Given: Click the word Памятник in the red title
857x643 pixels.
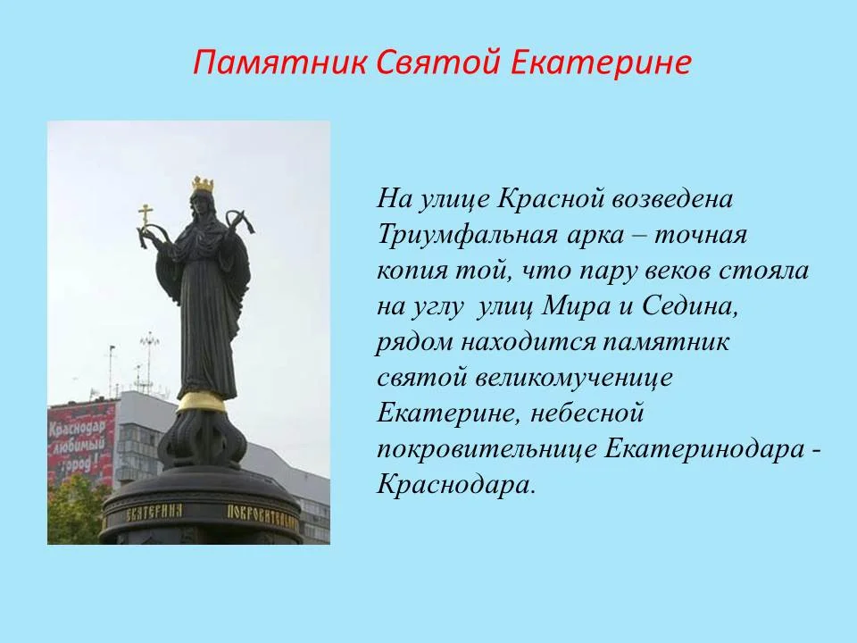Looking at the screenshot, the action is pyautogui.click(x=279, y=62).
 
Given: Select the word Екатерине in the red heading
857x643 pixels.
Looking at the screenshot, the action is pyautogui.click(x=601, y=62).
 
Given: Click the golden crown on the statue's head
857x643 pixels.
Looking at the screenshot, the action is pyautogui.click(x=203, y=184).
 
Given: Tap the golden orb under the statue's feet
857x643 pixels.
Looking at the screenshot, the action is pyautogui.click(x=201, y=402).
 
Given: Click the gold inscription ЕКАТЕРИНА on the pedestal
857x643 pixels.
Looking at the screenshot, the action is pyautogui.click(x=154, y=513).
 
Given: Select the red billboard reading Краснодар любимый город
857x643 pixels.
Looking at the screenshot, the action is pyautogui.click(x=82, y=443).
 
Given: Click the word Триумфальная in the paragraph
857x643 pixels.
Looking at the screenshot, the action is pyautogui.click(x=467, y=236).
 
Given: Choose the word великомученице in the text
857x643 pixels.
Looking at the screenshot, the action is pyautogui.click(x=573, y=379).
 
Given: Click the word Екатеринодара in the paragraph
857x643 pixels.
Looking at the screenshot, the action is pyautogui.click(x=704, y=450).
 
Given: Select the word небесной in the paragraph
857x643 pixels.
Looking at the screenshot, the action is pyautogui.click(x=587, y=413).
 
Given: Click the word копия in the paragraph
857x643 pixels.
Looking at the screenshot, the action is pyautogui.click(x=412, y=272).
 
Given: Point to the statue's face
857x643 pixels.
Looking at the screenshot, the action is pyautogui.click(x=200, y=204).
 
